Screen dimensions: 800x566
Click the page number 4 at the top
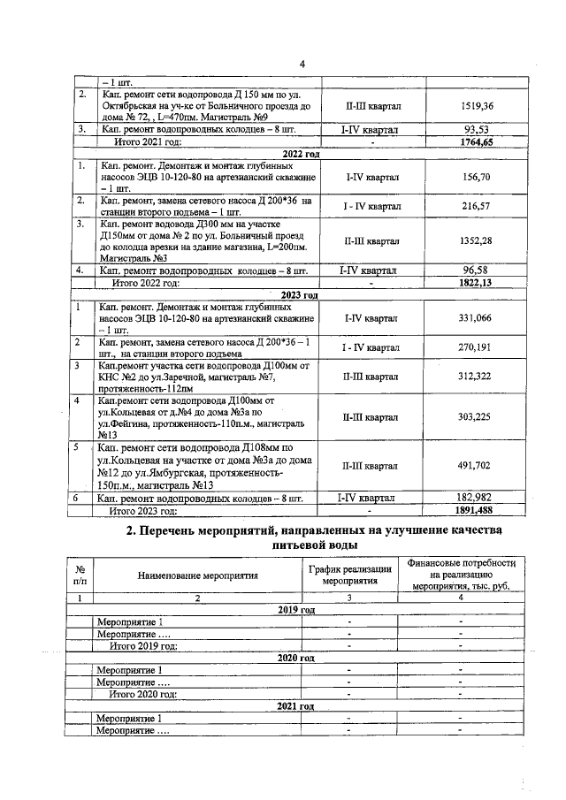pyautogui.click(x=302, y=64)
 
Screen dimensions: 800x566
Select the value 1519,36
pyautogui.click(x=477, y=106)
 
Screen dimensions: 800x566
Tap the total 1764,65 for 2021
pyautogui.click(x=477, y=141)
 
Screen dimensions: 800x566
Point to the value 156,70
pyautogui.click(x=477, y=177)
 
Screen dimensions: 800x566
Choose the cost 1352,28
pyautogui.click(x=477, y=240)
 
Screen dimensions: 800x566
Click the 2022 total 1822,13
pyautogui.click(x=477, y=283)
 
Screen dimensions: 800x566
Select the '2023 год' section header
pyautogui.click(x=299, y=294)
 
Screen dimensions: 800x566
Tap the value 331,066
pyautogui.click(x=477, y=318)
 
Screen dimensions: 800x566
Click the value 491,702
pyautogui.click(x=477, y=465)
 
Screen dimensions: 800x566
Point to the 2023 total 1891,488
pyautogui.click(x=477, y=511)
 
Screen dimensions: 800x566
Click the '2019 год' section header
pyautogui.click(x=296, y=611)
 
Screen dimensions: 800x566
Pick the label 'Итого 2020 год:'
pyautogui.click(x=137, y=694)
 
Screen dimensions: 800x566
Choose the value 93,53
pyautogui.click(x=477, y=130)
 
